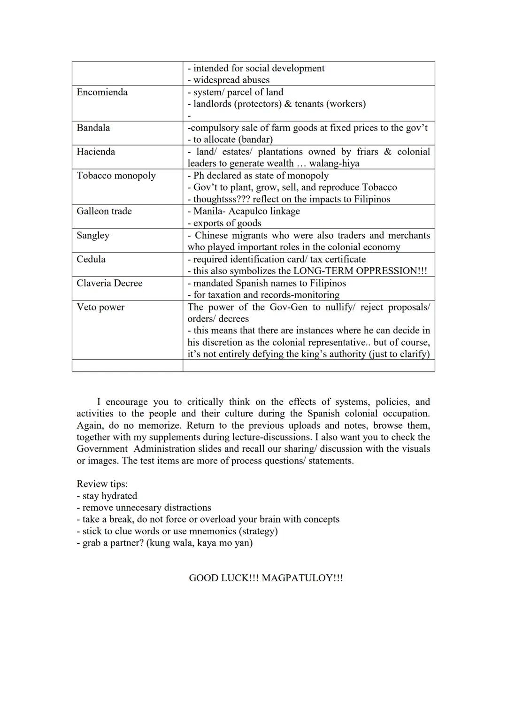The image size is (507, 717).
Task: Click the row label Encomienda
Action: tap(102, 92)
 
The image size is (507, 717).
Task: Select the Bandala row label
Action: tap(93, 128)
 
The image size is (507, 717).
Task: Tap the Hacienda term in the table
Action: tap(96, 152)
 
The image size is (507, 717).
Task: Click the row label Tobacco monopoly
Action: tap(116, 176)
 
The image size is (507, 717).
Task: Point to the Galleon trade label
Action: tap(104, 211)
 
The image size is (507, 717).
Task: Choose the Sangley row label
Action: tap(93, 235)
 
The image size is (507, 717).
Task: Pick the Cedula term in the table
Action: tap(91, 259)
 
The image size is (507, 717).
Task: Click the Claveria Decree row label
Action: tap(109, 283)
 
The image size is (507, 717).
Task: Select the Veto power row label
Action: tap(100, 307)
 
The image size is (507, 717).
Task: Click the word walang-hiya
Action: tap(334, 163)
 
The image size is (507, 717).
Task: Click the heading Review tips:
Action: tap(102, 484)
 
